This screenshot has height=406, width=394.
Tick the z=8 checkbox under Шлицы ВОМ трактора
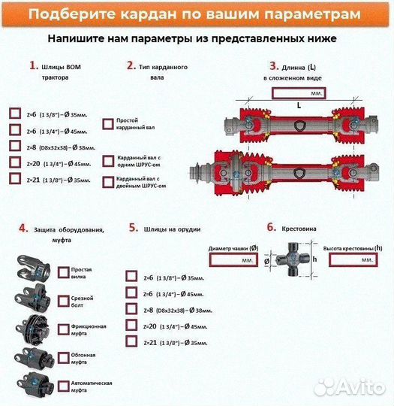click(15, 146)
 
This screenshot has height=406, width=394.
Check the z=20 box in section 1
click(15, 162)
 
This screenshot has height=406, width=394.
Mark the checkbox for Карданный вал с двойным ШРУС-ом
click(107, 181)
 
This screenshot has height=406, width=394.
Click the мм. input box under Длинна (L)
click(298, 93)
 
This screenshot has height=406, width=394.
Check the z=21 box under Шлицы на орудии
click(131, 342)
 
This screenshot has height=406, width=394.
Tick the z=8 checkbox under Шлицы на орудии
click(131, 309)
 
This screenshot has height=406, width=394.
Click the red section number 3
click(274, 66)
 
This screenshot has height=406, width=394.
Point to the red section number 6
click(271, 226)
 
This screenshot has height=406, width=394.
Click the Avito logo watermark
click(348, 386)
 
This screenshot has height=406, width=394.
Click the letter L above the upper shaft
click(298, 106)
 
